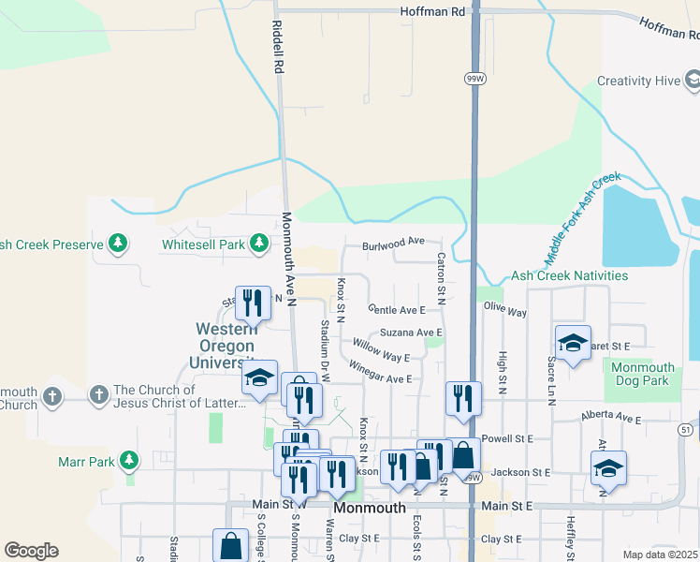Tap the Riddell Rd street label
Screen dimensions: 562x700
tap(278, 49)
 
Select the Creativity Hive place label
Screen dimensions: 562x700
tap(638, 81)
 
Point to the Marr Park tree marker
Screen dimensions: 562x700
tap(129, 461)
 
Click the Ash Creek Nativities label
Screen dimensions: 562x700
tap(569, 276)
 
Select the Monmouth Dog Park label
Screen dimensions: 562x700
tap(642, 374)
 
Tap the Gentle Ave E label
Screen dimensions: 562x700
tap(397, 309)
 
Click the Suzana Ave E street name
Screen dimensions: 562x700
tap(410, 333)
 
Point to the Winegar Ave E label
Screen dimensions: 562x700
tap(380, 372)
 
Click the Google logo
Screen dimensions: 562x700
tap(31, 551)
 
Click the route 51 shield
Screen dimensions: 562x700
tap(686, 430)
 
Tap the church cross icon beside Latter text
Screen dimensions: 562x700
tap(98, 396)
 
